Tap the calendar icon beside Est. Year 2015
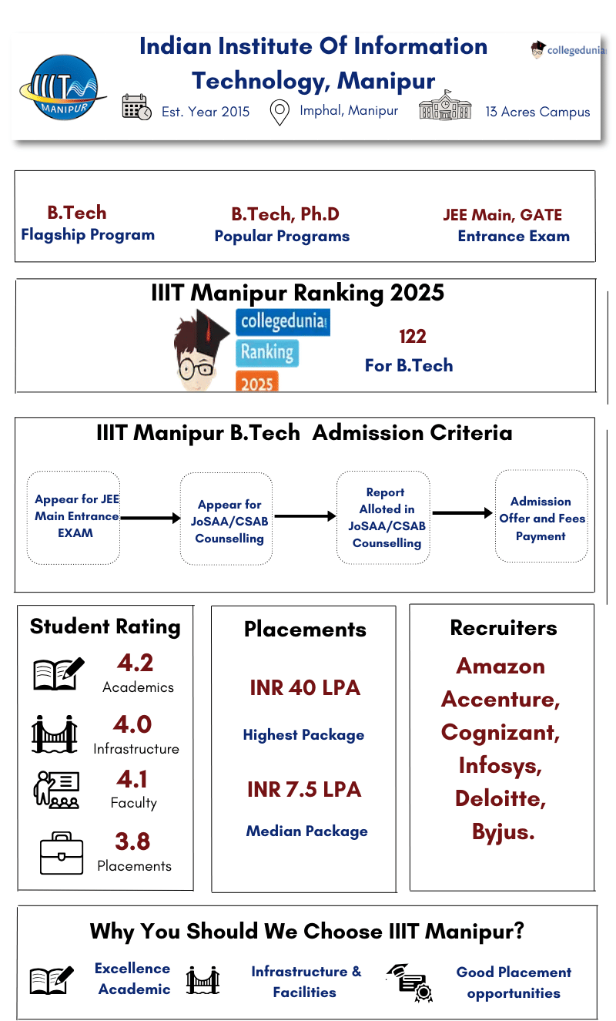tap(136, 107)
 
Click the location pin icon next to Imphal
tap(280, 113)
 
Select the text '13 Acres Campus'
tap(537, 112)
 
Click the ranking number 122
tap(412, 337)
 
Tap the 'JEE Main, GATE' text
tap(502, 215)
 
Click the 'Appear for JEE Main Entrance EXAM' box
tap(74, 516)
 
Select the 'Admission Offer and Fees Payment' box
tap(541, 518)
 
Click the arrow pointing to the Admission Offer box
tap(462, 512)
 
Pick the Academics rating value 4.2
tap(135, 663)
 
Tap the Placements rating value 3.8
tap(132, 841)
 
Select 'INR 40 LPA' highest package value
tap(305, 688)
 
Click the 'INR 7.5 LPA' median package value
tap(304, 790)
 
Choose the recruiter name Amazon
tap(500, 666)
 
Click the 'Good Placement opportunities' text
tap(513, 982)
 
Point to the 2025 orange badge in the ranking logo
tap(257, 381)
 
